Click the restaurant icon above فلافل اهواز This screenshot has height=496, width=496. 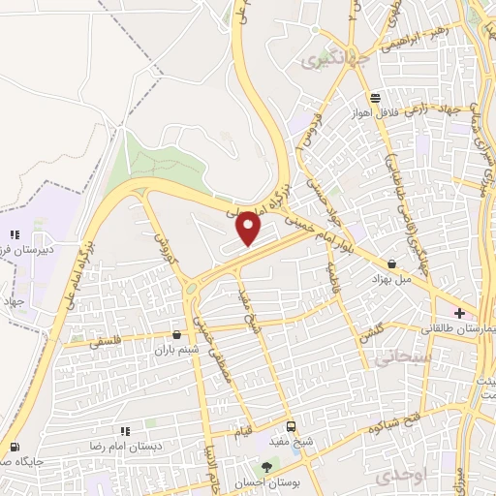click(x=375, y=98)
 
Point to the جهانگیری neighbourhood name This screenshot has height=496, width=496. click(x=324, y=60)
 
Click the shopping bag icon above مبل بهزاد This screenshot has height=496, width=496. click(x=391, y=263)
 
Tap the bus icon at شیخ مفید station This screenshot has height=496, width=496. click(x=291, y=427)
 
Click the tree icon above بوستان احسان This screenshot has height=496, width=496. click(x=281, y=467)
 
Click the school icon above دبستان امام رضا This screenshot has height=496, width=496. click(x=124, y=431)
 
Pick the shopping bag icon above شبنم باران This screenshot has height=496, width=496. click(x=176, y=334)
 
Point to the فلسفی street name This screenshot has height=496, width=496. click(x=108, y=341)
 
